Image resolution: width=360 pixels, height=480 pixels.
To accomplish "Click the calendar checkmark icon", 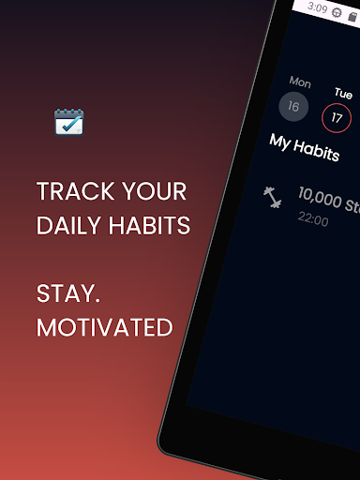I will click(x=69, y=122).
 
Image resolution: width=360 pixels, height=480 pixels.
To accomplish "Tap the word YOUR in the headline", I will click(x=159, y=192).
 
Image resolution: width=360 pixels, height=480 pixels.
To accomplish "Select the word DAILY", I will click(x=68, y=225).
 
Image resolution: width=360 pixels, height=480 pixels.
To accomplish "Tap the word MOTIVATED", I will click(x=104, y=327).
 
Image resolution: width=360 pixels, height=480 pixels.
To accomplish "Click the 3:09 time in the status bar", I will click(x=317, y=8).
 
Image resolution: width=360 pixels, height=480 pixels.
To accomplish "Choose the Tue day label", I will click(x=344, y=94).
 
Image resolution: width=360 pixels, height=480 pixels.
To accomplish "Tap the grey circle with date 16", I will click(x=293, y=106).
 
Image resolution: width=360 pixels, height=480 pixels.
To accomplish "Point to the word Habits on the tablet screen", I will click(x=320, y=150).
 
